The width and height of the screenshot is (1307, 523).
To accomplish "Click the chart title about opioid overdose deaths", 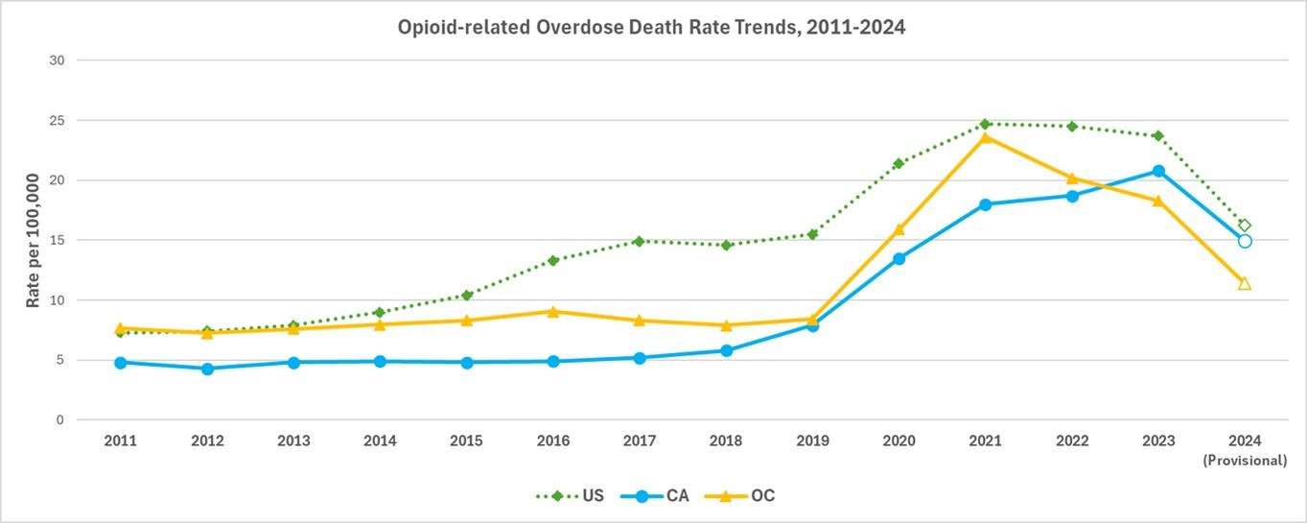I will click(x=652, y=28).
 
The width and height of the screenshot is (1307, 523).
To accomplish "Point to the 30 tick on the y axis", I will click(x=57, y=60).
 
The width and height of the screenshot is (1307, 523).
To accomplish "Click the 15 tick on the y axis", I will click(x=57, y=240).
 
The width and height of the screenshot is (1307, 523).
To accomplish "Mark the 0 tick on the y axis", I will click(x=59, y=420).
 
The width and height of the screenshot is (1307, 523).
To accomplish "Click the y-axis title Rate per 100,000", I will click(x=34, y=240).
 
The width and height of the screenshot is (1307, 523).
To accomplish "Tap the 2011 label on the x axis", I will click(x=120, y=440).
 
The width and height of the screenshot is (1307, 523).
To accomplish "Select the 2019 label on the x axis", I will click(x=812, y=440).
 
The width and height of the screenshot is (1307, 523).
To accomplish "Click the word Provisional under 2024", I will click(x=1245, y=461).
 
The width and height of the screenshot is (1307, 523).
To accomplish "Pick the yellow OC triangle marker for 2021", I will click(x=985, y=137).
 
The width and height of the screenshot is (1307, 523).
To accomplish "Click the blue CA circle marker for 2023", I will click(x=1158, y=171).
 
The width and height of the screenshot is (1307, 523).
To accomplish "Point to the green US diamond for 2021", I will click(x=985, y=124).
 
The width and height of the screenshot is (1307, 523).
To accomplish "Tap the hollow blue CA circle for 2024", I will click(x=1245, y=241).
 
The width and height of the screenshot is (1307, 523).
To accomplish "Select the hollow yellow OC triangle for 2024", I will click(x=1245, y=283).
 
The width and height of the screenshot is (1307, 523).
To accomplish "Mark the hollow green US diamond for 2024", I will click(x=1245, y=226).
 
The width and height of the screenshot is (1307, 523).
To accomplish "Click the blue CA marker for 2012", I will click(x=207, y=368).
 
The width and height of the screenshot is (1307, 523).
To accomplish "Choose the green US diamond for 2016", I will click(x=553, y=260).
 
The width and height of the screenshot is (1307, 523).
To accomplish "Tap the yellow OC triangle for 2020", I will click(x=899, y=229).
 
